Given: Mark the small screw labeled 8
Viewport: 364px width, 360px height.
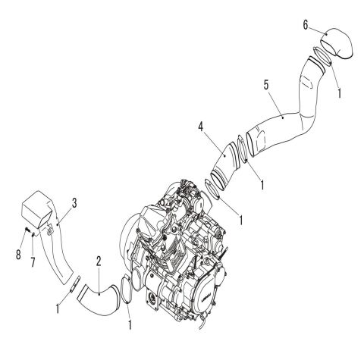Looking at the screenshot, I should pyautogui.click(x=24, y=230).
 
